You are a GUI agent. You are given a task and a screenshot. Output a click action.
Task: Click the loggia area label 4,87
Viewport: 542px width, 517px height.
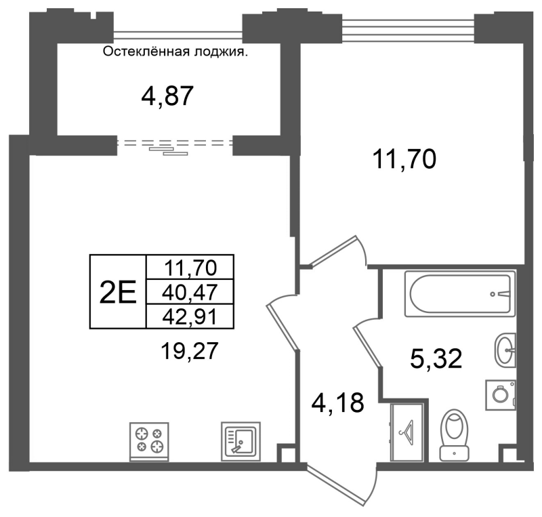(x=167, y=96)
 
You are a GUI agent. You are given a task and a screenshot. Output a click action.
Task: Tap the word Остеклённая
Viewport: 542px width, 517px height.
(x=146, y=52)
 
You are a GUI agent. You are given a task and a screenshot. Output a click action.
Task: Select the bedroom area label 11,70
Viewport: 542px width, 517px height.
(x=404, y=159)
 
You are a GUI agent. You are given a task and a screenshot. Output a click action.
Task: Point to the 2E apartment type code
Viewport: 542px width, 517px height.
(x=118, y=291)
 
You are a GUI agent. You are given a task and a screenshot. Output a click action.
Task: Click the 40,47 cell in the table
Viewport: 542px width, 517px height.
(x=190, y=291)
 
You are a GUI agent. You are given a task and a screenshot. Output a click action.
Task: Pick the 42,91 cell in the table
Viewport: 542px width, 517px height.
(x=190, y=316)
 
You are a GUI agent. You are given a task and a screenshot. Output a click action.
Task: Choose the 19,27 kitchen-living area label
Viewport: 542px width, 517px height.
(x=190, y=351)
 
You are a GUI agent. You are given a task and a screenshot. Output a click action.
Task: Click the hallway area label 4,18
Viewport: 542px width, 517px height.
(x=337, y=403)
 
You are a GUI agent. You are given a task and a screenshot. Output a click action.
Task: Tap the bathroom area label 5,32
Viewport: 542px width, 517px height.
(x=436, y=358)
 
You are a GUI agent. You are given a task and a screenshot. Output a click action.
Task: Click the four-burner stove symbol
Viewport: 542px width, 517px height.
(x=149, y=442)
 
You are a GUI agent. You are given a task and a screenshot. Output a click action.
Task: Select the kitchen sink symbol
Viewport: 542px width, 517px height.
(x=241, y=442)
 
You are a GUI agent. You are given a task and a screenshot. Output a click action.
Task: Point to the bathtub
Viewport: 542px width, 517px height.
(x=460, y=293)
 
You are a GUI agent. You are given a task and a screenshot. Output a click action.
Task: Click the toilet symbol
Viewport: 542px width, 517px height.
(x=454, y=436)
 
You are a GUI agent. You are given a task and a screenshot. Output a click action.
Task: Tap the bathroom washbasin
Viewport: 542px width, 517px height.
(x=505, y=350)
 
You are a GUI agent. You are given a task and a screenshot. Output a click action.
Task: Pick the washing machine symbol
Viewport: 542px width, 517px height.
(x=501, y=395)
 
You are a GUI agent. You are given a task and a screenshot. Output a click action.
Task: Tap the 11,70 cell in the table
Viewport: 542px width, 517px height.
(x=190, y=268)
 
